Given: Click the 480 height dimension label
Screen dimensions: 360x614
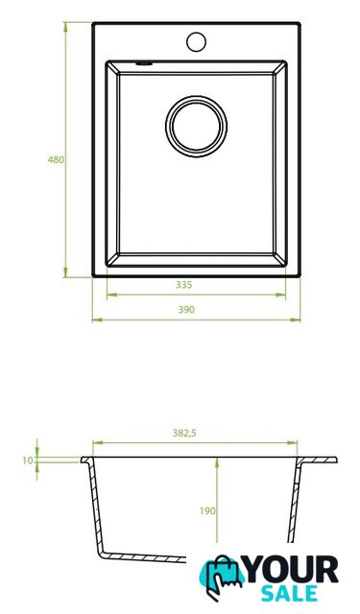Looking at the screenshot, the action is [x=56, y=160].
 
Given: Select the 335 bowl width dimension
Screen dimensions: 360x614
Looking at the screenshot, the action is [x=183, y=285].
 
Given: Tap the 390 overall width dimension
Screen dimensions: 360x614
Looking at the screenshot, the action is [x=186, y=310].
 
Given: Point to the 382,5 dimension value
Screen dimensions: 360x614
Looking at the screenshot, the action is [x=184, y=433].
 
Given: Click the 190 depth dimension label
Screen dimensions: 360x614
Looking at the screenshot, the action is [x=207, y=511].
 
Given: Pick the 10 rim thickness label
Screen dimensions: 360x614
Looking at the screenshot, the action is [x=28, y=460].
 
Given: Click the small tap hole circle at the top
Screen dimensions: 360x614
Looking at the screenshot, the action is [x=196, y=42].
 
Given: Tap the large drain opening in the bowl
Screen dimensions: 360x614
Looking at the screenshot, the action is [x=196, y=127].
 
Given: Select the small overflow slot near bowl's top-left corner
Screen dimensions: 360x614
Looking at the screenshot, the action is [x=144, y=63].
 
